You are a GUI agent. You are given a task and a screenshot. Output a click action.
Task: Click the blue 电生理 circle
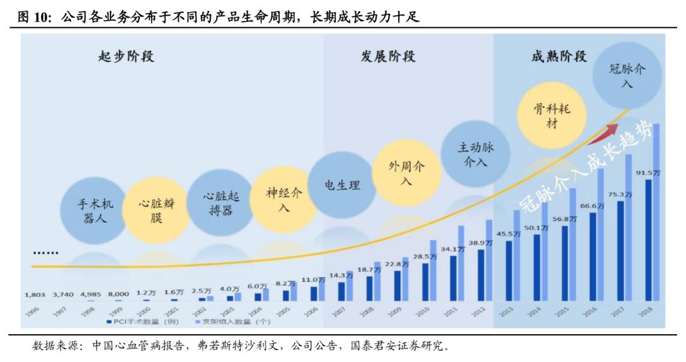click(x=343, y=185)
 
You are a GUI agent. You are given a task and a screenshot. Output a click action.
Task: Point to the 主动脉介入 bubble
click(x=476, y=154)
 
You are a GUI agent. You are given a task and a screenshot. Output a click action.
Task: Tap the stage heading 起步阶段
click(x=126, y=57)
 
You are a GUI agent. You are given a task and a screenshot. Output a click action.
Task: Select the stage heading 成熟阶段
click(x=559, y=57)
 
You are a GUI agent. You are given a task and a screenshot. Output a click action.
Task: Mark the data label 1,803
click(x=35, y=295)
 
